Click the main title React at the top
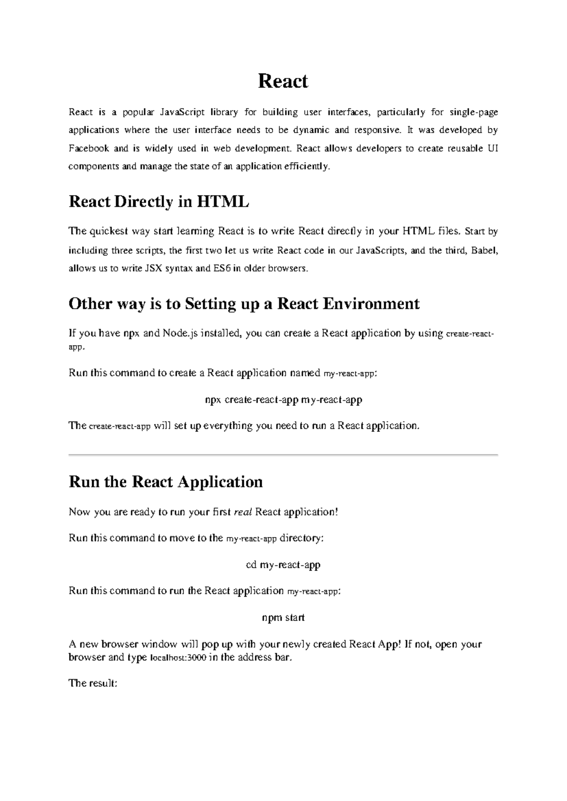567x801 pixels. (283, 81)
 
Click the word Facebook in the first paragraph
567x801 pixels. (89, 148)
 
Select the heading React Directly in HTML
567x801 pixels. (159, 202)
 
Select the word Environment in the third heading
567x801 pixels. (371, 303)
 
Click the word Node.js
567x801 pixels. (179, 333)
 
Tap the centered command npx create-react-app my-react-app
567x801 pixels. (283, 400)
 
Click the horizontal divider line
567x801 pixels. (283, 454)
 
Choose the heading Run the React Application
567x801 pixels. (165, 482)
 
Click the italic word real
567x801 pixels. (243, 512)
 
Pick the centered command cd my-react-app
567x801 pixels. (283, 565)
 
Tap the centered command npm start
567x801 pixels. (283, 618)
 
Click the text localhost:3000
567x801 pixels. (178, 658)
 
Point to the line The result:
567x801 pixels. (93, 683)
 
